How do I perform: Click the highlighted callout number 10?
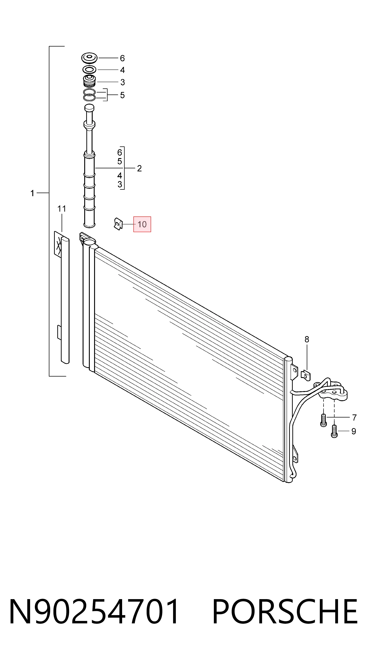pos(142,224)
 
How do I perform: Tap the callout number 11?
pos(62,209)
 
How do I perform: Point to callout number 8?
pos(307,340)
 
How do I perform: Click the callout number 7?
pos(355,418)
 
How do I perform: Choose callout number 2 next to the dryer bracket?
pos(139,168)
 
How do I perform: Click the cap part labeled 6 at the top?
pos(89,58)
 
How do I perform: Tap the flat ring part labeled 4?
pos(89,70)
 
